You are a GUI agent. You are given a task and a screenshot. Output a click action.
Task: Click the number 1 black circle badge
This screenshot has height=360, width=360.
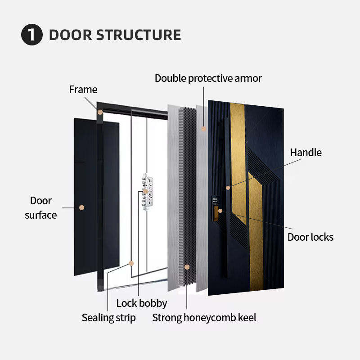[x=31, y=35]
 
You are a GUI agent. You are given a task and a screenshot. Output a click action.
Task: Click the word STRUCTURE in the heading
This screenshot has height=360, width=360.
[x=139, y=35]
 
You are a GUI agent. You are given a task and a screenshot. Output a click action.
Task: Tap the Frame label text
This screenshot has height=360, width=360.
[x=83, y=90]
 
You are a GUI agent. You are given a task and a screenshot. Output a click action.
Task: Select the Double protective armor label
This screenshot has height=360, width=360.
[x=208, y=78]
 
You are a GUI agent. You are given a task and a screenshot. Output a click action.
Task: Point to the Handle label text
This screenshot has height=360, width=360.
[x=306, y=153]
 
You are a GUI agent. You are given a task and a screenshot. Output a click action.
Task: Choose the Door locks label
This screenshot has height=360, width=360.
[x=310, y=237]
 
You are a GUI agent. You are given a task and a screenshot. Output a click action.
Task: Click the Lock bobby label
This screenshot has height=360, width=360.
[x=142, y=303]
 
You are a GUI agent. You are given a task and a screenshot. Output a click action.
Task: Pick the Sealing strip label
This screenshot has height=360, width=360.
[x=108, y=318]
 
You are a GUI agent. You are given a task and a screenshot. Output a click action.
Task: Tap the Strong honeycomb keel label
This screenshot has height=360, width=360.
[x=204, y=318]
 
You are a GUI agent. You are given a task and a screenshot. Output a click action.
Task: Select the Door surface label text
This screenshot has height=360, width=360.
[x=41, y=208]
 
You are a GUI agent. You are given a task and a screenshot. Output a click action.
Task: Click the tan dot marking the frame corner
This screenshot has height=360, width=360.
[x=100, y=112]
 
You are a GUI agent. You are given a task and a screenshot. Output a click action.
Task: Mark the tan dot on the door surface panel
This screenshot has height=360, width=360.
[x=82, y=207]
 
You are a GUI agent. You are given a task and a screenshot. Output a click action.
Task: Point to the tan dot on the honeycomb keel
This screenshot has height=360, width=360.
[x=187, y=267]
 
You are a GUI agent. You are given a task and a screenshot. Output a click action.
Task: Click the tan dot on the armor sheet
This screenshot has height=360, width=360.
[x=204, y=129]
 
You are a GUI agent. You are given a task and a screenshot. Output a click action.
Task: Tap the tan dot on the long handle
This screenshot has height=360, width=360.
[x=228, y=188]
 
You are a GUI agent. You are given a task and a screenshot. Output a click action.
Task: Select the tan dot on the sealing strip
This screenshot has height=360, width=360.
[x=131, y=263]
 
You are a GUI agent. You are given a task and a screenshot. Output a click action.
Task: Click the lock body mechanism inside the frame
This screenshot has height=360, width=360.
[x=147, y=192]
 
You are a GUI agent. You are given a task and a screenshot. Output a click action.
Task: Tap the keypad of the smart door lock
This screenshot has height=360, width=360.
[x=216, y=200]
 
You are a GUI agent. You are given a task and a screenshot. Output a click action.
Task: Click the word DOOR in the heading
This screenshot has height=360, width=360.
[x=71, y=35]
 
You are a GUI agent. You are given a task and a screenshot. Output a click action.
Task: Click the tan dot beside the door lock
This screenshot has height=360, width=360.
[x=220, y=211]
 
